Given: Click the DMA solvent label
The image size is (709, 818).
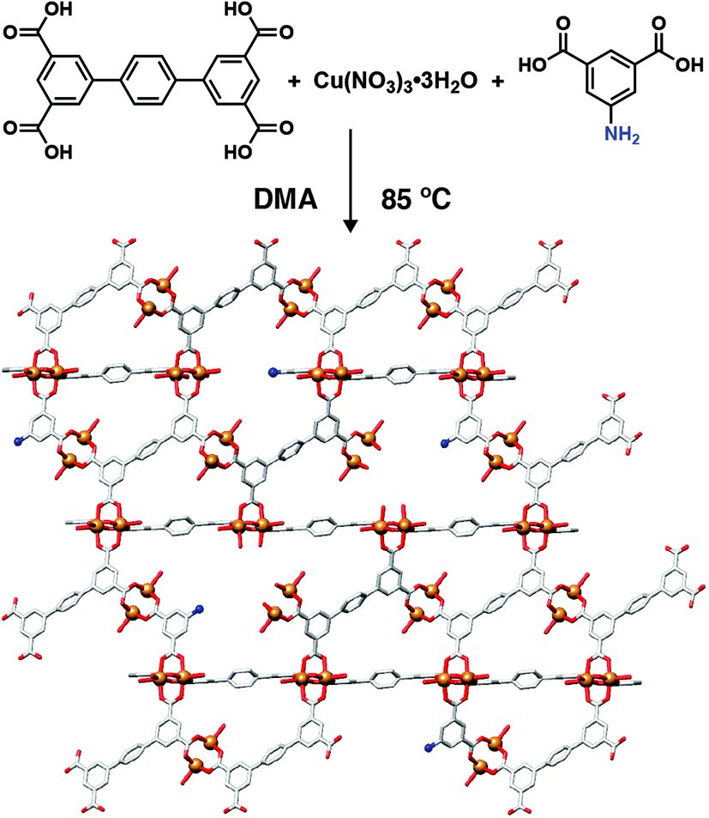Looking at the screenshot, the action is (x=285, y=199).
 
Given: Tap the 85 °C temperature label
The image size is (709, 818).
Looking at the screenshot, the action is (x=416, y=199).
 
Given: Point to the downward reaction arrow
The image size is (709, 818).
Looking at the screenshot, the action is (x=351, y=180).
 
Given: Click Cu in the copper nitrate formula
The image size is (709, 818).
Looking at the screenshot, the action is (x=326, y=81).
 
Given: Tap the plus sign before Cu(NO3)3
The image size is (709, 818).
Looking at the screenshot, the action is (x=294, y=82).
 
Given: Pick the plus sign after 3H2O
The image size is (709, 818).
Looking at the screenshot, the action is (x=498, y=82).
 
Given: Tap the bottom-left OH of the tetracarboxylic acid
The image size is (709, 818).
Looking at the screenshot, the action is (x=57, y=152).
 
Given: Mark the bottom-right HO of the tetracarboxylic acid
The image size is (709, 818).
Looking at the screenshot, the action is (x=238, y=152).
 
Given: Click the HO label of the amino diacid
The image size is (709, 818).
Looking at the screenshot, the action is (x=533, y=64).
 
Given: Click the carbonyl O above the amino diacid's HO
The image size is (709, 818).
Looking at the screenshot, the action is (x=562, y=23).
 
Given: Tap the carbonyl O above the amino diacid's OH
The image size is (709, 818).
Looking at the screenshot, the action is (x=659, y=23).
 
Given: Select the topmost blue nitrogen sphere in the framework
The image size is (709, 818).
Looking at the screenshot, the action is (x=272, y=372).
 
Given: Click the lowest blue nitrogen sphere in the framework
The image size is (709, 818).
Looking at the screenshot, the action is (x=430, y=748).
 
